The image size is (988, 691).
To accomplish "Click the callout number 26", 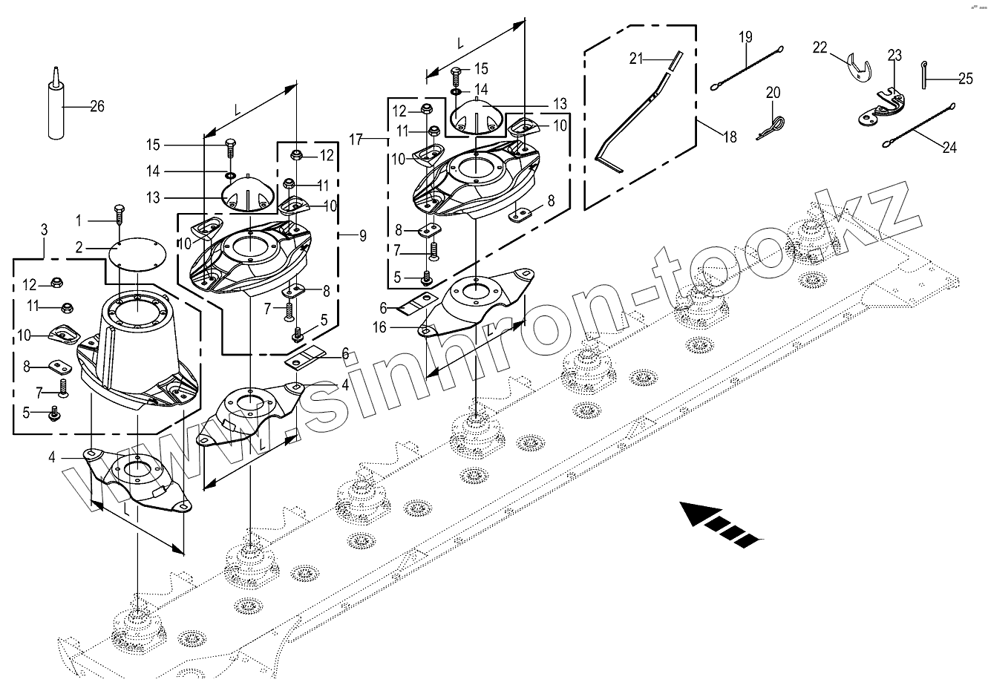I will coord(96,106).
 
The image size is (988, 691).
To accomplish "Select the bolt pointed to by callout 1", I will coord(118,214).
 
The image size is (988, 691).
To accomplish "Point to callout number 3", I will coord(44,231).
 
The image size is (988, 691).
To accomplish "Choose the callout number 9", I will coord(362,236).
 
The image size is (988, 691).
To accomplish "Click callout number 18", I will coord(730,136).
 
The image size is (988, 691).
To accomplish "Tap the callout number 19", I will coord(745,37).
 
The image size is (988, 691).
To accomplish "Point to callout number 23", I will coord(894,55).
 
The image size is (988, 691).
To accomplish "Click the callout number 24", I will coord(949,147).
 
